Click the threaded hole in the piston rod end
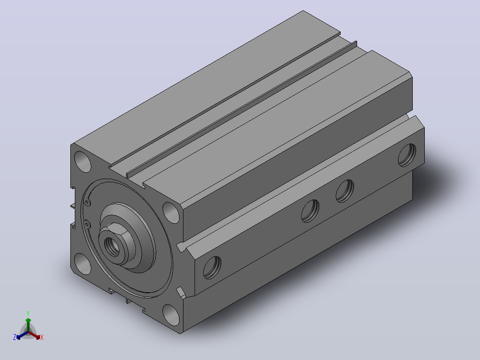112,245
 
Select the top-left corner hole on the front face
83,161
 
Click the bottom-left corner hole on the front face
83,264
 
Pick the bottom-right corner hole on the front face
171,315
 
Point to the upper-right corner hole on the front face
171,213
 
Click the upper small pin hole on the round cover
88,202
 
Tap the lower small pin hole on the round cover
87,225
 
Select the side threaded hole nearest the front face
212,267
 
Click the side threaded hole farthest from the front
407,155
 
